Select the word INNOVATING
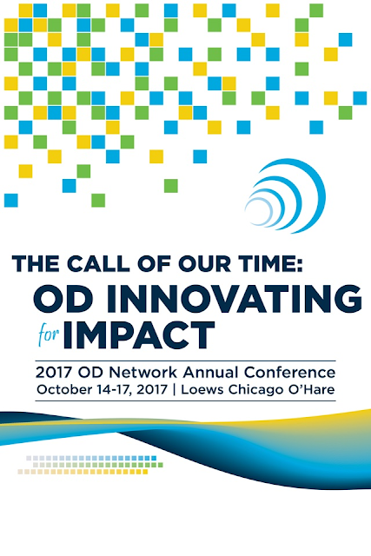[x=239, y=299]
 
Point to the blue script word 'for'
[x=49, y=334]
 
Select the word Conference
[x=289, y=373]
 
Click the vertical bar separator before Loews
[x=174, y=389]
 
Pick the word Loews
[x=202, y=389]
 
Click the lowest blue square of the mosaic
[x=11, y=201]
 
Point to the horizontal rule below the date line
[x=185, y=401]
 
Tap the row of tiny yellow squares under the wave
[x=83, y=472]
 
